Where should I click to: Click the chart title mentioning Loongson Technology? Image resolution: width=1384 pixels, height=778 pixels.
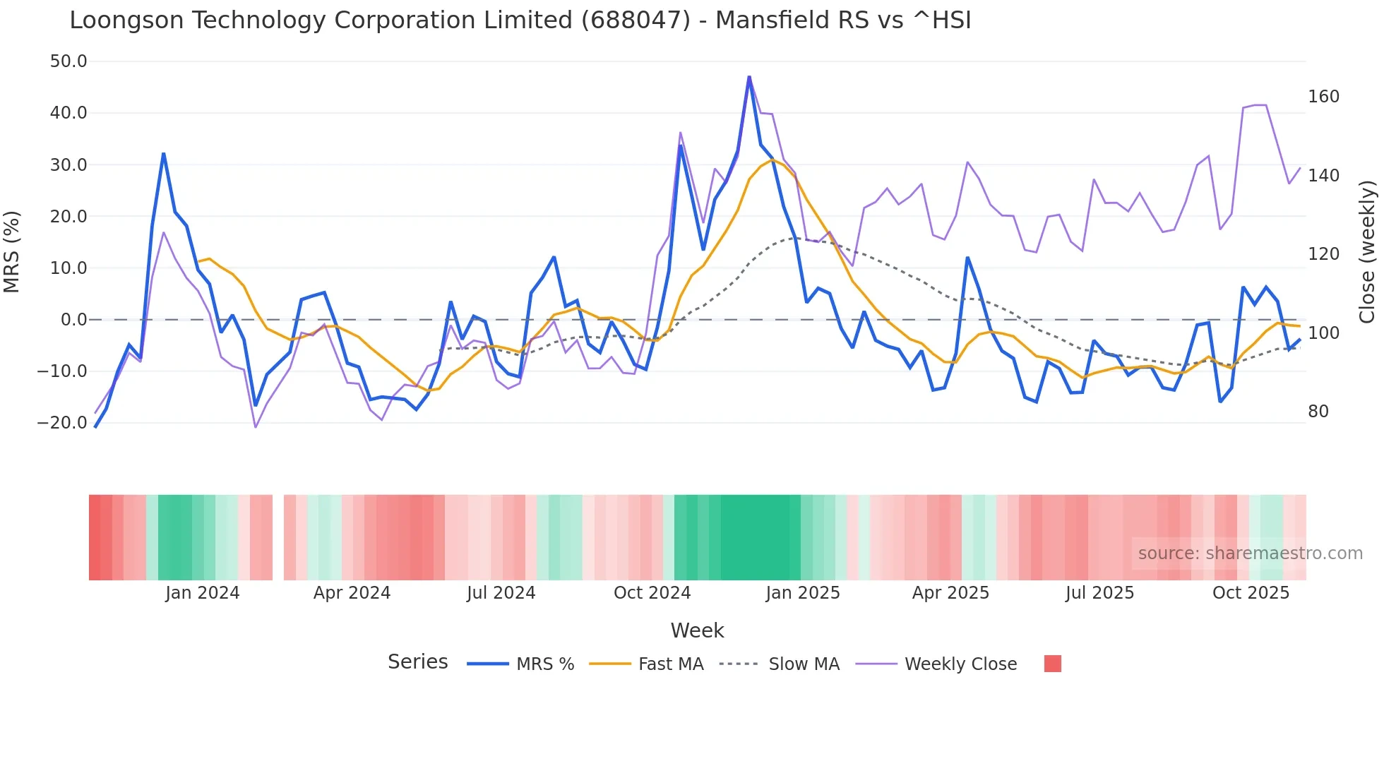click(520, 20)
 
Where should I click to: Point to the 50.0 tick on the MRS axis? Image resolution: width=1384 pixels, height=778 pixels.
click(68, 61)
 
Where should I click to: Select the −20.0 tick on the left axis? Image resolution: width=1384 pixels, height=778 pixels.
click(62, 423)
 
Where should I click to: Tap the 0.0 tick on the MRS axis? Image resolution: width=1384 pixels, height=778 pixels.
click(73, 320)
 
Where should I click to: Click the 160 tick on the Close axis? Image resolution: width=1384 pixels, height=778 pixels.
click(1323, 97)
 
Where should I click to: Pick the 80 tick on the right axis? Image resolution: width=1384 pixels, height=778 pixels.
click(1318, 412)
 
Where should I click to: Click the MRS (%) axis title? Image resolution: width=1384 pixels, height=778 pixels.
click(12, 251)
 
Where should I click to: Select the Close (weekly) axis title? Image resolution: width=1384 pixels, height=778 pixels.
click(1367, 251)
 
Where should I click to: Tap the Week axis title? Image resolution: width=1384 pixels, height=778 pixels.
click(697, 630)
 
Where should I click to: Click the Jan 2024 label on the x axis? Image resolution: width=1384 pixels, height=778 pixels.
click(203, 593)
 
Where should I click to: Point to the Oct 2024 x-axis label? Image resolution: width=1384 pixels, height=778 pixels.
click(652, 593)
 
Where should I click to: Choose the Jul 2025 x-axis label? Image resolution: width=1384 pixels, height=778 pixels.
click(1099, 593)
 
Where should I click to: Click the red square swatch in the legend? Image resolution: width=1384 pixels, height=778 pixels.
click(1052, 664)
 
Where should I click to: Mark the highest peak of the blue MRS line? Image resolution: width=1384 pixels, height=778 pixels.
click(749, 77)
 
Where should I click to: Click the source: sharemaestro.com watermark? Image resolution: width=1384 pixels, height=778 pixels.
click(1250, 553)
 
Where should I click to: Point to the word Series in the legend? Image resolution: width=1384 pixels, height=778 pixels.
click(417, 662)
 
